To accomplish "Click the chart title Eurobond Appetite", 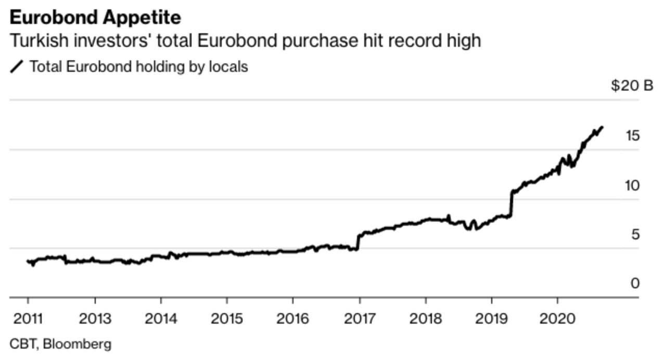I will tap(95, 18).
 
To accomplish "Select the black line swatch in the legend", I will tap(17, 67).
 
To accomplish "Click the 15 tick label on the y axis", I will tap(632, 136).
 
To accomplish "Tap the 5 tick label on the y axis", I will tap(635, 235).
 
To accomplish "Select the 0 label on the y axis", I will tap(635, 284).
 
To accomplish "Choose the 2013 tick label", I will tap(95, 318).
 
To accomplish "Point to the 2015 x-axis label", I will tap(227, 318).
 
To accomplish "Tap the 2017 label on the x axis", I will tap(359, 318).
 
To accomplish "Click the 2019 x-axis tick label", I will tap(491, 318).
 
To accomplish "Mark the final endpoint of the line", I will tap(602, 127).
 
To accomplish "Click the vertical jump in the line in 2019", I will tap(512, 203).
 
